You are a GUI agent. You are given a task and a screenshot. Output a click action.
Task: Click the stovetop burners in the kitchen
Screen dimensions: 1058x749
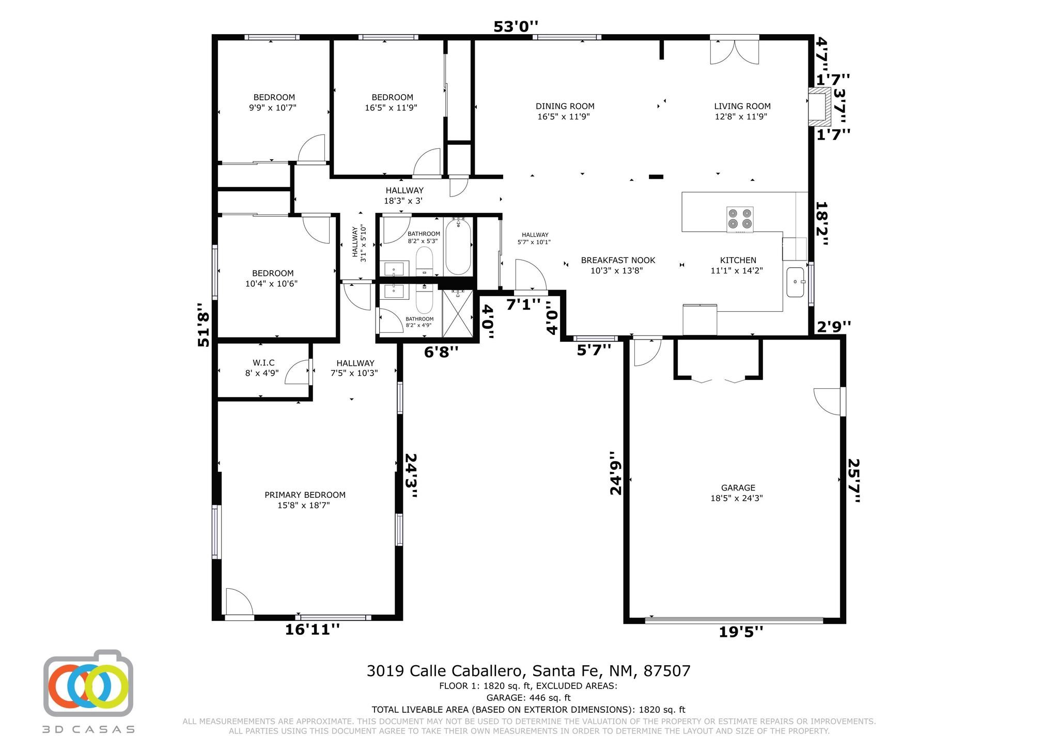coord(740,219)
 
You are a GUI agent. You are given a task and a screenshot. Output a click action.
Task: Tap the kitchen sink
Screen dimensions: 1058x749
coord(796,282)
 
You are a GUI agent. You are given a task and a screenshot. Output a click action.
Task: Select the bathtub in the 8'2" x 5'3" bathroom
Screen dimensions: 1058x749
coord(458,247)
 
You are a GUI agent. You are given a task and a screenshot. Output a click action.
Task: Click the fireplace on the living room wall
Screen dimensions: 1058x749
coord(820,106)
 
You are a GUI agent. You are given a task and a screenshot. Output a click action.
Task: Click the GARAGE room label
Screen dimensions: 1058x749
coord(738,487)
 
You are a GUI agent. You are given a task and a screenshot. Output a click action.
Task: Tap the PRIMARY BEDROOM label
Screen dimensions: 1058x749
coord(305,495)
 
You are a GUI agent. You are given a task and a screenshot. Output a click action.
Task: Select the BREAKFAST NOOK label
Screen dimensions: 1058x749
coord(618,260)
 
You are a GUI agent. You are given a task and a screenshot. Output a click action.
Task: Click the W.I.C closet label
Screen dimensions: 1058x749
coord(263,363)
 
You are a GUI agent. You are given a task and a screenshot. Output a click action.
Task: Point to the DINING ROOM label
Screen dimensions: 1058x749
coord(565,106)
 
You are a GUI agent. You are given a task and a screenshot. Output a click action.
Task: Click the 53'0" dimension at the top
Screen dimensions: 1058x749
coord(516,26)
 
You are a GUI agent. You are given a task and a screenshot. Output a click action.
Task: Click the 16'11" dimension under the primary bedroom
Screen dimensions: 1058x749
coord(313,629)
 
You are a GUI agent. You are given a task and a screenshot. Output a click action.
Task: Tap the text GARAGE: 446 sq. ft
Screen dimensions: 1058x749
coord(528,698)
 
